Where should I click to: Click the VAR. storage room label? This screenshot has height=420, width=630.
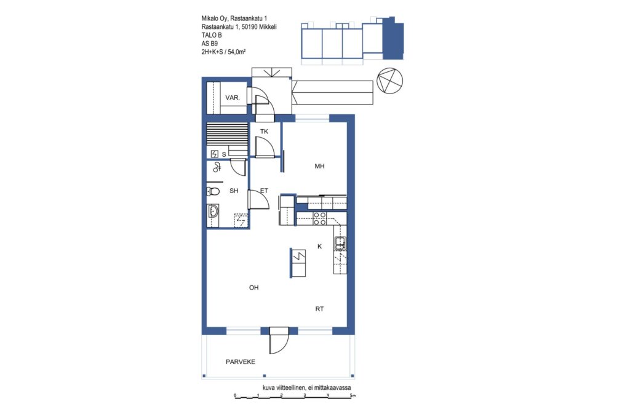(233, 98)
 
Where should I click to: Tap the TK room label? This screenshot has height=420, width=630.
(264, 132)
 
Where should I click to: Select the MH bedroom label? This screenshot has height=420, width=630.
(319, 166)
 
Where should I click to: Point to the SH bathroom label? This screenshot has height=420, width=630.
(234, 191)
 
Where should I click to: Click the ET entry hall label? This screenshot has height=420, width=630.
(264, 191)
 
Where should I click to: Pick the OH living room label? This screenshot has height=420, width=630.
(253, 288)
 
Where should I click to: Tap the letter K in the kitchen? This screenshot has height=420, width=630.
(319, 246)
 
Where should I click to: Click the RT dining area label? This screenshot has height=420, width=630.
(319, 309)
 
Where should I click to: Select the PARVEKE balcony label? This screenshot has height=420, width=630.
(241, 362)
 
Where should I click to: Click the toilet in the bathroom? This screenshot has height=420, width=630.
(213, 191)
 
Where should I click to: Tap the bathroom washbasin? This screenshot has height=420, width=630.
(213, 211)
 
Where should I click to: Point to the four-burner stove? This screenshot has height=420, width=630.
(320, 218)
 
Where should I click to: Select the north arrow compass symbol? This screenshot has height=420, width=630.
(389, 81)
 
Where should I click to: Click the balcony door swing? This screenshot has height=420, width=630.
(279, 341)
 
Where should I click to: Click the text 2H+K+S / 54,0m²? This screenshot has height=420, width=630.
(224, 52)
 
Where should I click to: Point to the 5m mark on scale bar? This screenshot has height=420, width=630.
(352, 395)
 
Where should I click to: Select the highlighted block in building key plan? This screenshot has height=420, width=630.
(393, 39)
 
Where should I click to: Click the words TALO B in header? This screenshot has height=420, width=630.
(212, 35)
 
